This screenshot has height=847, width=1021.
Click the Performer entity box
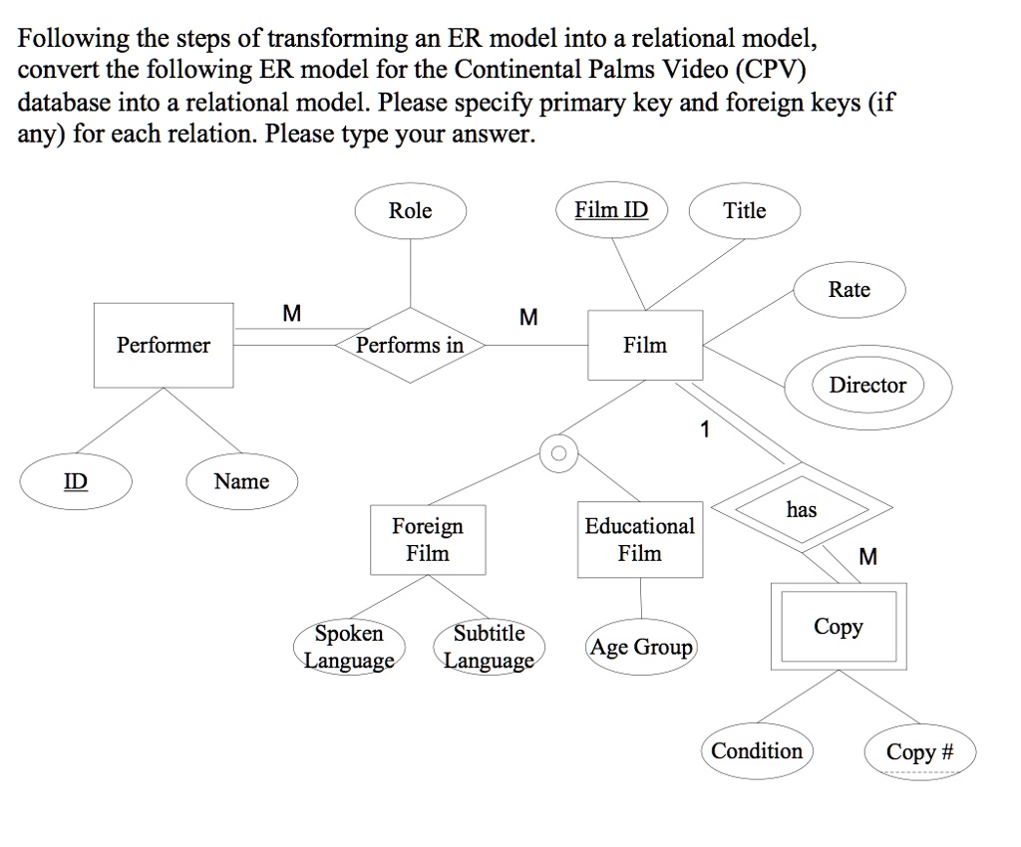pyautogui.click(x=164, y=346)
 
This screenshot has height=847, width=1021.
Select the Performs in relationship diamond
pyautogui.click(x=410, y=346)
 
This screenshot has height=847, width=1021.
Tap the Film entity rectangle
pyautogui.click(x=645, y=346)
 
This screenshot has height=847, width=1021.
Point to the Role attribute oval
pyautogui.click(x=410, y=211)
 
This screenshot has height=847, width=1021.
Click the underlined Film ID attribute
pyautogui.click(x=611, y=211)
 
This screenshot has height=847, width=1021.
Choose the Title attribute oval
pyautogui.click(x=745, y=211)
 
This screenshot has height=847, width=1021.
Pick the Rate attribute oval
pyautogui.click(x=850, y=290)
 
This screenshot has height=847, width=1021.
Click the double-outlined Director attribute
pyautogui.click(x=867, y=386)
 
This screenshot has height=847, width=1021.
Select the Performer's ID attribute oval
pyautogui.click(x=76, y=482)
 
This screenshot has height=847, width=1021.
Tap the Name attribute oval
pyautogui.click(x=241, y=482)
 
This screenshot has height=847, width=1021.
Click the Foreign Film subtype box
pyautogui.click(x=428, y=539)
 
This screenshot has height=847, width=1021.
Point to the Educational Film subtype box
pyautogui.click(x=640, y=539)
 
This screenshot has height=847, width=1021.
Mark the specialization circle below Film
pyautogui.click(x=558, y=454)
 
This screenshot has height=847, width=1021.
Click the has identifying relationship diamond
pyautogui.click(x=802, y=510)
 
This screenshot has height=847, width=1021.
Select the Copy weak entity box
pyautogui.click(x=839, y=627)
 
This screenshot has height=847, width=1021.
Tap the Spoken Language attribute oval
pyautogui.click(x=349, y=648)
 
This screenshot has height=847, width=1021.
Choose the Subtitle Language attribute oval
pyautogui.click(x=489, y=648)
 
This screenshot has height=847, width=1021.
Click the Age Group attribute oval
pyautogui.click(x=641, y=648)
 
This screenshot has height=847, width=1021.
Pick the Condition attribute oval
pyautogui.click(x=757, y=751)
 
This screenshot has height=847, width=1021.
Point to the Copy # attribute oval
pyautogui.click(x=920, y=752)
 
